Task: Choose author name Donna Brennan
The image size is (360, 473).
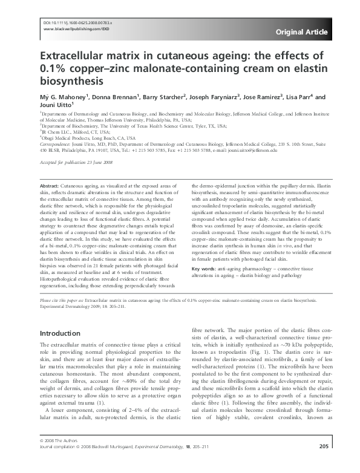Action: click(115, 96)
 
